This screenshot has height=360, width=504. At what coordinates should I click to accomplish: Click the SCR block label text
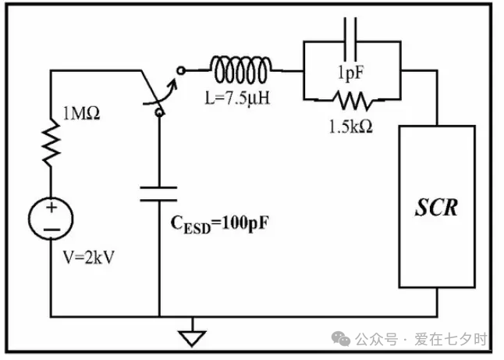tap(436, 208)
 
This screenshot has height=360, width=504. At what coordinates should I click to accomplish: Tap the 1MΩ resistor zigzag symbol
tap(51, 143)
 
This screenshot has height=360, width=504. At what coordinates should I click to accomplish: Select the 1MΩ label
tap(81, 113)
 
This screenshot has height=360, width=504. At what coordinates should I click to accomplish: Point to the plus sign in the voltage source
tap(51, 207)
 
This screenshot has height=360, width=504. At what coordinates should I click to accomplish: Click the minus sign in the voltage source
tap(51, 230)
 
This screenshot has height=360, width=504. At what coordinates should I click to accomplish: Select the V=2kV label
tap(89, 257)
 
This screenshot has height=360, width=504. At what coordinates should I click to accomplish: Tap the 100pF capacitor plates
tap(159, 194)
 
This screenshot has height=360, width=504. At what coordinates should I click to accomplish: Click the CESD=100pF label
tap(219, 223)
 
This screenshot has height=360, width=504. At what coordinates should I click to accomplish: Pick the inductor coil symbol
tap(241, 70)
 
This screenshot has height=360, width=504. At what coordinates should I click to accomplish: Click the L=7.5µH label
tap(237, 98)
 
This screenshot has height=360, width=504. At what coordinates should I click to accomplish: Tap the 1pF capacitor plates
tap(350, 39)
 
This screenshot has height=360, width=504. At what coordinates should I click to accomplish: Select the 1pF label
tap(350, 73)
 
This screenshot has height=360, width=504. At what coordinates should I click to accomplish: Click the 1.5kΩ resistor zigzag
tap(353, 100)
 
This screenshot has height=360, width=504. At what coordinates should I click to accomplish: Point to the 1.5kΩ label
tap(351, 127)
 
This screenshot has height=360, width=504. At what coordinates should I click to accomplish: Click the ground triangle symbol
tap(192, 339)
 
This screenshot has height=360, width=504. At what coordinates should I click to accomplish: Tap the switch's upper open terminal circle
tap(181, 70)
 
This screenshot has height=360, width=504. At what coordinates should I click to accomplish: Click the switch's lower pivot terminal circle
tap(159, 112)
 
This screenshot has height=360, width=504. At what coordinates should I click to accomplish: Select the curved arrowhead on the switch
tap(173, 84)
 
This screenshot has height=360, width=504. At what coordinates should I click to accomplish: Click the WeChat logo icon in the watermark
tap(341, 338)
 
